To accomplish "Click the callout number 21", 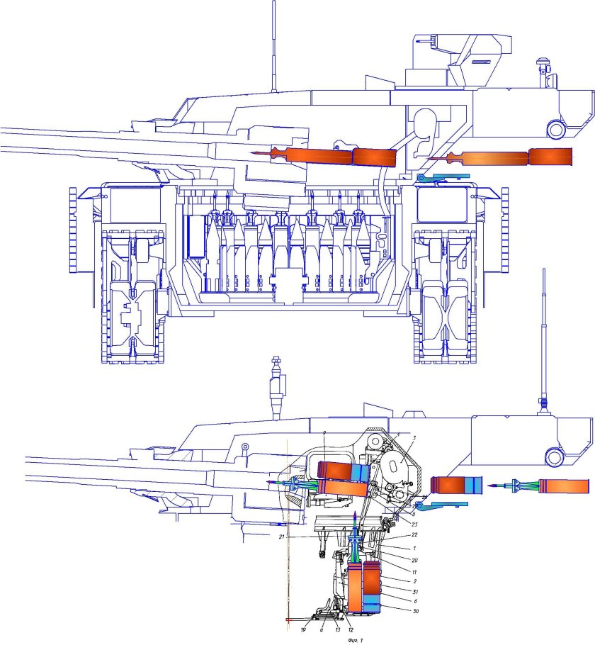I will pos(282,538).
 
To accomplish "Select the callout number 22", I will pos(395,534).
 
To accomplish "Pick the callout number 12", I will pos(350,629).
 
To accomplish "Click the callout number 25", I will pos(395,524).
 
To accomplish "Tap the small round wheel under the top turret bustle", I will pos(556,129).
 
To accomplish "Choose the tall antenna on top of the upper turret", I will pos(273,46).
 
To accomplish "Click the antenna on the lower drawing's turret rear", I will pos(543,340).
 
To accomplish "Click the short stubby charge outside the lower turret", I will pos(457,486).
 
